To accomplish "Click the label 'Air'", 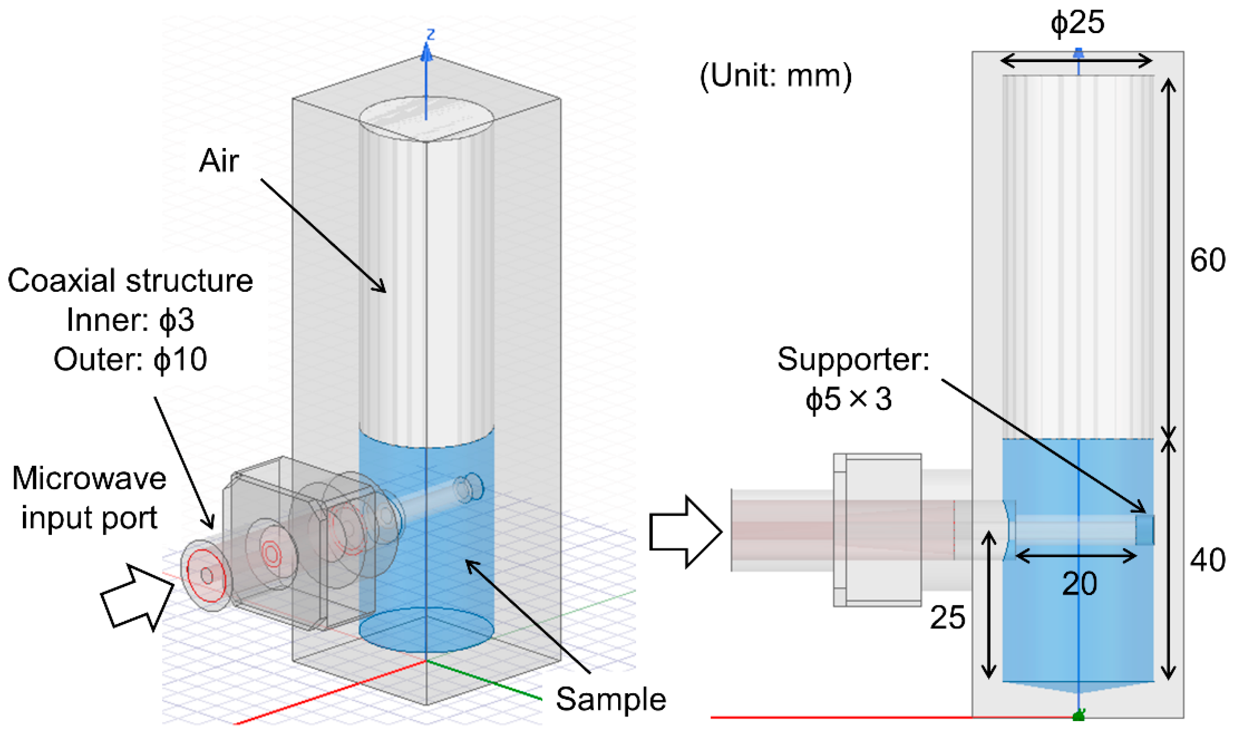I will coord(219,161).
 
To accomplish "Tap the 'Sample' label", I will coord(610,699).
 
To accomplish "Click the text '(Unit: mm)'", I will coord(775,76).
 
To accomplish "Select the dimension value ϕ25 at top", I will coord(1077,22).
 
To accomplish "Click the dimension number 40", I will coord(1207,560).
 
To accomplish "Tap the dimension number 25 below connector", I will coord(947,618).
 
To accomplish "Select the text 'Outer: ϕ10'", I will coord(130,360).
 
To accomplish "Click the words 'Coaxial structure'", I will coord(130,280).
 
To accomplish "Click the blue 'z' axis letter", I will coord(430,34).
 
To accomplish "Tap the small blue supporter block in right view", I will coord(1144,530).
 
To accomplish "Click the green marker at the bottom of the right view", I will coord(1078,716).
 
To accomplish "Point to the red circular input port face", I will coord(203,575).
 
